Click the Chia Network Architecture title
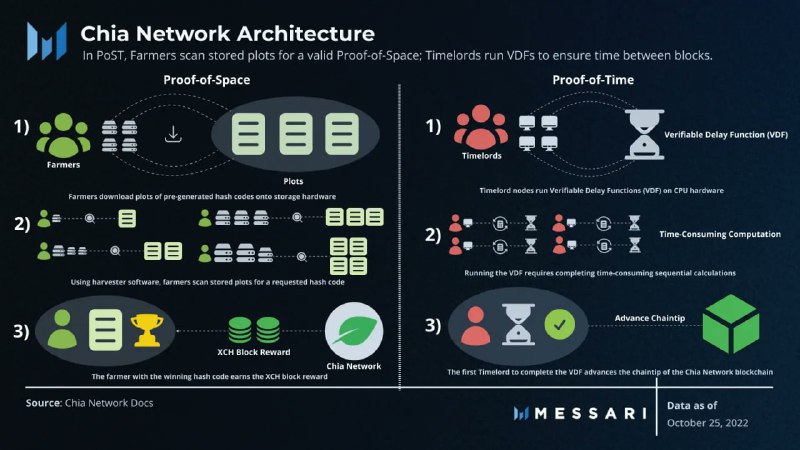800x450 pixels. point(228,34)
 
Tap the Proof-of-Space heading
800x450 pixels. point(207,80)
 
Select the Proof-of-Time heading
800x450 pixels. point(593,80)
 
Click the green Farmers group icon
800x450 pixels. point(63,135)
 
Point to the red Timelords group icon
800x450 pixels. point(481,127)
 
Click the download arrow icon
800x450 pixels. point(173,134)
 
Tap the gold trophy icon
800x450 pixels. point(147,330)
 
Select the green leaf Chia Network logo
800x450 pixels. point(354,331)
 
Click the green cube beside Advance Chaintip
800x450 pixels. point(731,323)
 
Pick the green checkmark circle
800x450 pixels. point(560,324)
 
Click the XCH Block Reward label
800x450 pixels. point(254,352)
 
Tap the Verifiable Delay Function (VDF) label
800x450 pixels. point(726,135)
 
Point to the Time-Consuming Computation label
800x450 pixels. point(720,234)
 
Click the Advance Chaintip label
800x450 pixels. point(649,318)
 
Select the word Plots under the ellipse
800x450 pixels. point(293,181)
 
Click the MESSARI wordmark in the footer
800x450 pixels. point(591,413)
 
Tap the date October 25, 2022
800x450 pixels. point(707,423)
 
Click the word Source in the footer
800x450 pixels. point(43,403)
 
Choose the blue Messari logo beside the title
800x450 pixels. point(47,41)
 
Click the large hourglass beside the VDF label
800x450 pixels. point(644,135)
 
